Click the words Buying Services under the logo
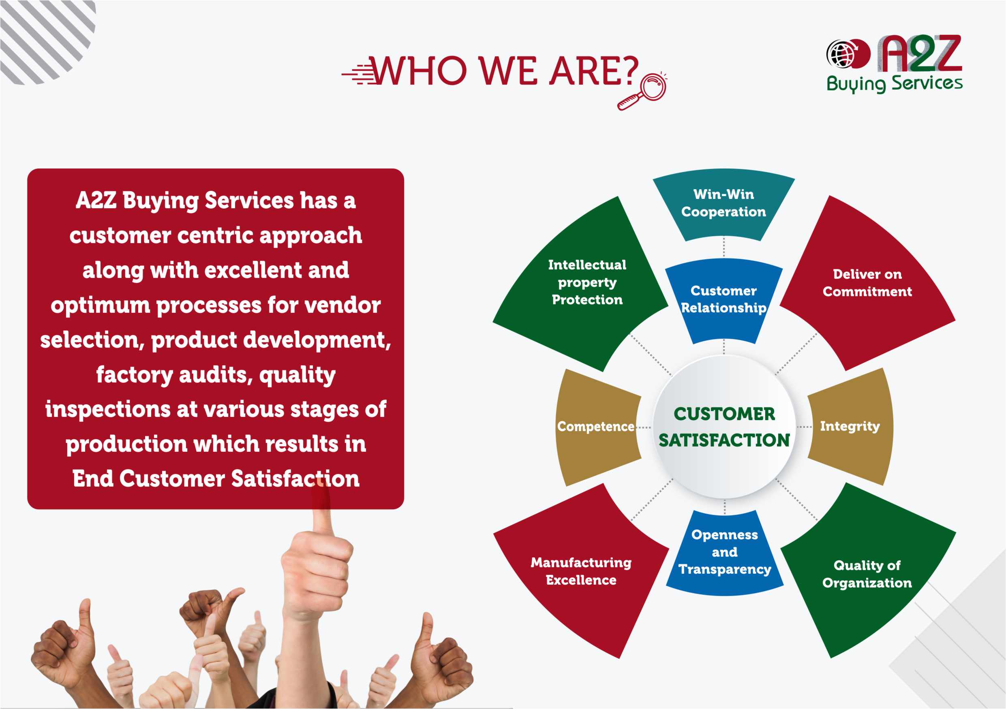894,83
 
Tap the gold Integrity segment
850,426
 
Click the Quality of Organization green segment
867,574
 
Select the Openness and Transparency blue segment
724,553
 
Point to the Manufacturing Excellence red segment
581,572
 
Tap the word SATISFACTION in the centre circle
724,440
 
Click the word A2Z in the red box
96,201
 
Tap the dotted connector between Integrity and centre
805,427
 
